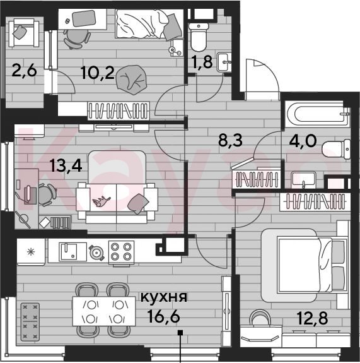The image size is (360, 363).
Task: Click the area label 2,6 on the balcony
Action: (x=24, y=71)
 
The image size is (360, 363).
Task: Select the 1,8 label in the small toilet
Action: (x=202, y=62)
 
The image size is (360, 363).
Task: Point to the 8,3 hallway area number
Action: (x=231, y=140)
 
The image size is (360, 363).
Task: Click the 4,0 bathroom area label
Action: (x=303, y=140)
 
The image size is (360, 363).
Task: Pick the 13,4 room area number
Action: (x=66, y=166)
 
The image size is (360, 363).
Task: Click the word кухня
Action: (x=164, y=297)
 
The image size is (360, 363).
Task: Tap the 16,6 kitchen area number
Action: (x=164, y=316)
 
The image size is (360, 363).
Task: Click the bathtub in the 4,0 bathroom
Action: (x=318, y=114)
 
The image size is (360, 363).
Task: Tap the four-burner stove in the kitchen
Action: (x=121, y=252)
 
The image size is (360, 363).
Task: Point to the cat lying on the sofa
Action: (x=102, y=201)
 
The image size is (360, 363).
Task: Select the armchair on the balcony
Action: (x=24, y=33)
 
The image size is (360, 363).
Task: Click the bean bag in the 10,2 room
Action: (x=132, y=80)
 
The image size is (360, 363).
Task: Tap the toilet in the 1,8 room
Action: (x=199, y=37)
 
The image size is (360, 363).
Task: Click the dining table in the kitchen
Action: (x=104, y=311)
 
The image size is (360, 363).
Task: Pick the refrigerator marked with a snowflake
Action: (x=31, y=252)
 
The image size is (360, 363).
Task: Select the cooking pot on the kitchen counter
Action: (x=96, y=253)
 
